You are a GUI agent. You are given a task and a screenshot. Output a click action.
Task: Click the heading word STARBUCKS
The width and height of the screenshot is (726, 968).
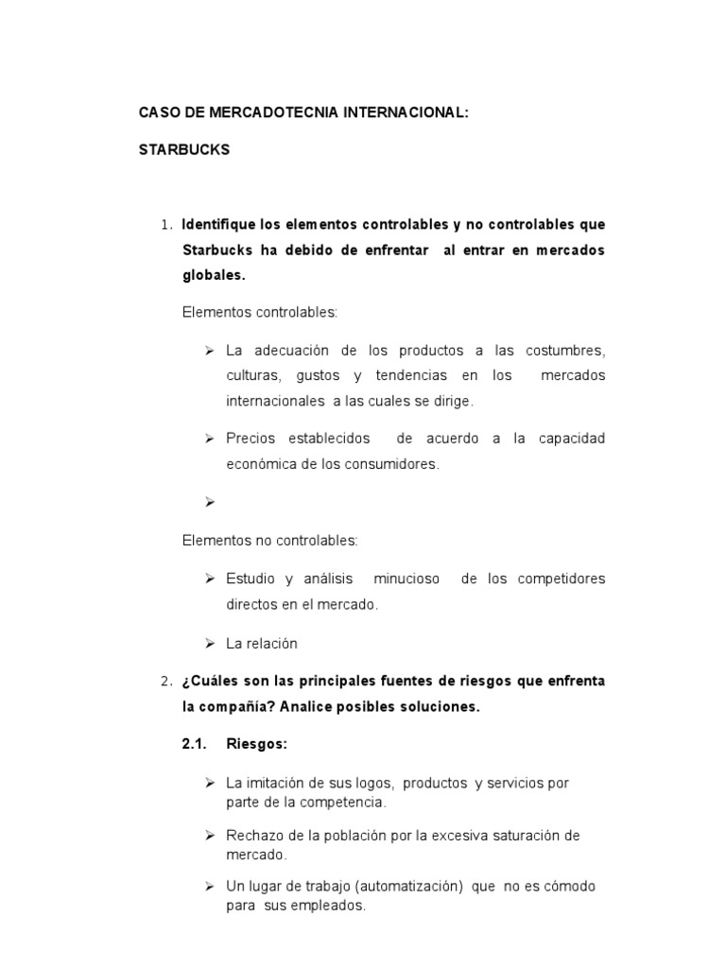click(x=183, y=150)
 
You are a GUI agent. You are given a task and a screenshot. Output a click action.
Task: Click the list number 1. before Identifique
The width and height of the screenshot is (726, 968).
click(x=166, y=225)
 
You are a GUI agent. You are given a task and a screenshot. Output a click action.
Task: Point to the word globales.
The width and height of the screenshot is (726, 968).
click(x=213, y=276)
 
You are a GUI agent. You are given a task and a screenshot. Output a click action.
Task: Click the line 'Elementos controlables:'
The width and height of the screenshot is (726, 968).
click(x=259, y=311)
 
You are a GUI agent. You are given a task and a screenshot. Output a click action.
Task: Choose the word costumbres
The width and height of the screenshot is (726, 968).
click(x=564, y=351)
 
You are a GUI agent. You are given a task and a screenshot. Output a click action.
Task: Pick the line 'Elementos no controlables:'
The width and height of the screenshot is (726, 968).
click(x=269, y=541)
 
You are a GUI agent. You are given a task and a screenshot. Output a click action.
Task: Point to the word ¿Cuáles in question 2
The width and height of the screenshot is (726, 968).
click(x=208, y=682)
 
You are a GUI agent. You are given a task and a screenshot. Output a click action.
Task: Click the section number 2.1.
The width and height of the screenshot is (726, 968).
click(x=194, y=744)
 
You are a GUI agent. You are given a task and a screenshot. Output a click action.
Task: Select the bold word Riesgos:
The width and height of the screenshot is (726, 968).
click(x=256, y=744)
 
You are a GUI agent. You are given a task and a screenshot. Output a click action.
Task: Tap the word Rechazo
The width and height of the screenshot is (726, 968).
click(x=251, y=836)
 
